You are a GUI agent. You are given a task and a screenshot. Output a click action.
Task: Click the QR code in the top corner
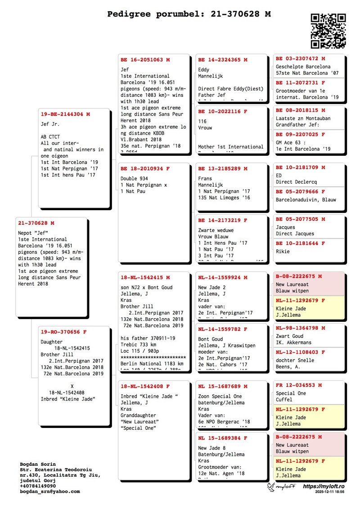point(328,30)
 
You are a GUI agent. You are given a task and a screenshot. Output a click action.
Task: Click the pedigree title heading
point(189,14)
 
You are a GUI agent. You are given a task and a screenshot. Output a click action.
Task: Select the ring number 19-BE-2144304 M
point(65,114)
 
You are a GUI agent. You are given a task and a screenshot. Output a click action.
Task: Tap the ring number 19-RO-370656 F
point(63,332)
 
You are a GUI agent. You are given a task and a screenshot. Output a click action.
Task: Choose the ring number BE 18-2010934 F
point(145,169)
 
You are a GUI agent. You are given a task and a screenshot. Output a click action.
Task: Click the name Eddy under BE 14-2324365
point(204,70)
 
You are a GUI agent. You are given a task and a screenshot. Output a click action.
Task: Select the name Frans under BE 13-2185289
point(205,179)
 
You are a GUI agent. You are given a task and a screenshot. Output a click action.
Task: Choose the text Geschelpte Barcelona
point(303,66)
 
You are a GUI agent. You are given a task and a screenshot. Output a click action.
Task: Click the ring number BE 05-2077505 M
point(300,219)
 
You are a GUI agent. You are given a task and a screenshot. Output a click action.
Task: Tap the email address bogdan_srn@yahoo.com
point(50,491)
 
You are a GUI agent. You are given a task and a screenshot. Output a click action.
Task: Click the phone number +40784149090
point(38,486)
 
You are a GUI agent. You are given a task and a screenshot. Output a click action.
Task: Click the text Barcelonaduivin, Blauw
point(306,199)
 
